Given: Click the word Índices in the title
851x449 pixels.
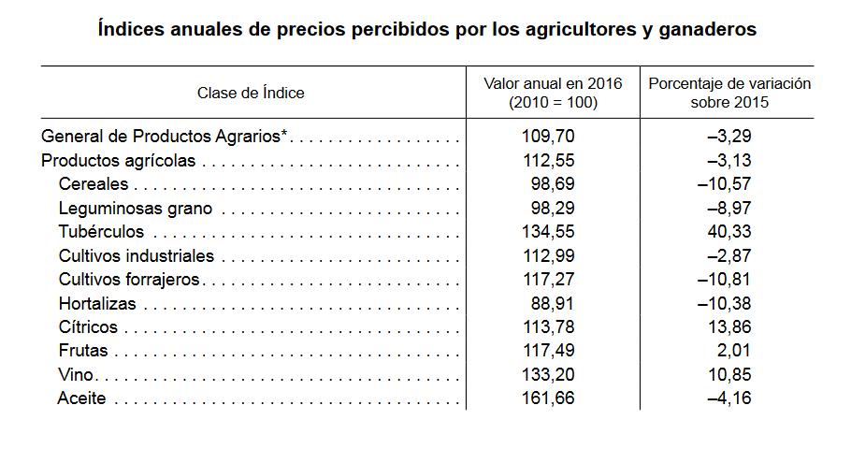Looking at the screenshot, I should click(x=128, y=30).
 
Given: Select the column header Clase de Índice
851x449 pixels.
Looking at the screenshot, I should click(x=251, y=93).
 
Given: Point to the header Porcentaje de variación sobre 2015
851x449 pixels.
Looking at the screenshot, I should click(x=729, y=93).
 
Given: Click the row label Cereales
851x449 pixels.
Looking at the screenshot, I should click(x=93, y=184).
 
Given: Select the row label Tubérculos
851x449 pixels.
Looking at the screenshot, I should click(x=101, y=232).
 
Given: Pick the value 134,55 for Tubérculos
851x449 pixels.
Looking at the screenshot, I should click(x=548, y=232).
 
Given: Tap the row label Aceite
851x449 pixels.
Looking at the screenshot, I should click(x=82, y=398).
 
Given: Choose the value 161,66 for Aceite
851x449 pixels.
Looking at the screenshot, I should click(x=548, y=398).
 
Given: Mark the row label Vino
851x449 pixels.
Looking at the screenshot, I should click(x=77, y=375).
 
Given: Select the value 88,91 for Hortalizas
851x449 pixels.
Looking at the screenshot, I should click(x=552, y=303).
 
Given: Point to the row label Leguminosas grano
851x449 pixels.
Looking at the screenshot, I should click(x=135, y=208).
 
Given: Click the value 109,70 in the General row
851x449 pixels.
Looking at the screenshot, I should click(x=548, y=137).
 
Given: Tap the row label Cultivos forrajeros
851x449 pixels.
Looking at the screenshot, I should click(x=129, y=280).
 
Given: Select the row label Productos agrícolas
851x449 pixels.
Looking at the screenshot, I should click(x=119, y=160).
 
